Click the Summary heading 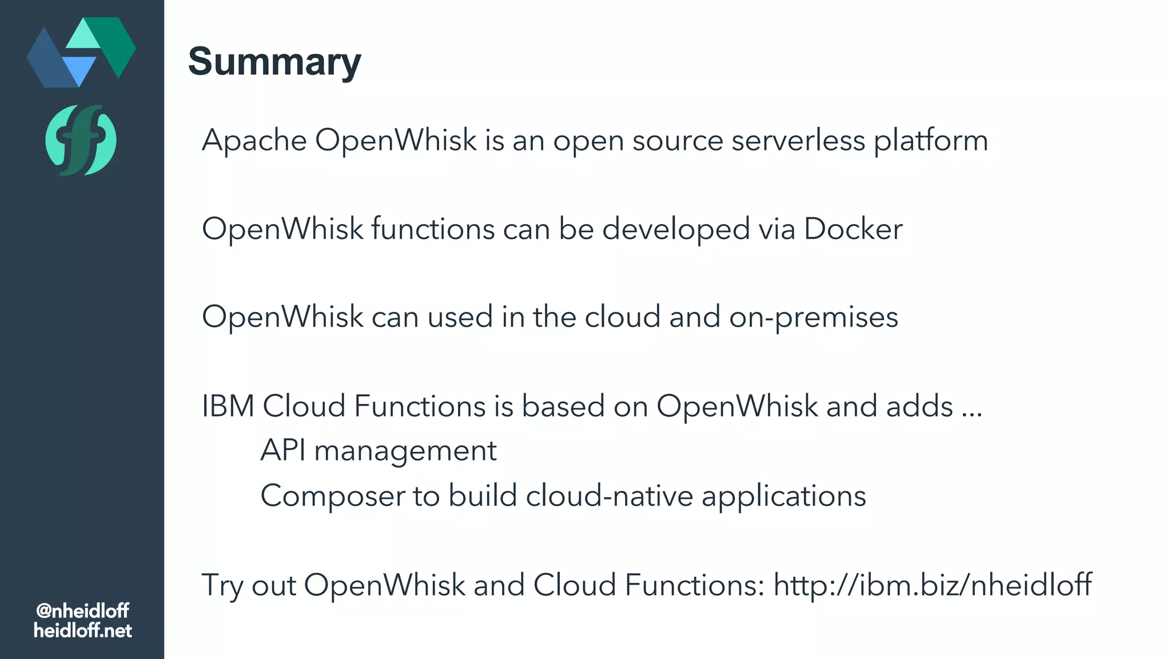pyautogui.click(x=274, y=61)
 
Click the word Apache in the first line pyautogui.click(x=254, y=140)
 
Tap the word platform pyautogui.click(x=930, y=141)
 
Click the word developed pyautogui.click(x=675, y=230)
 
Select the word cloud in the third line pyautogui.click(x=622, y=317)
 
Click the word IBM pyautogui.click(x=228, y=406)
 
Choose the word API pyautogui.click(x=282, y=450)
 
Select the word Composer pyautogui.click(x=332, y=496)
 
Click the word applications pyautogui.click(x=783, y=497)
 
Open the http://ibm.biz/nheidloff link pyautogui.click(x=932, y=585)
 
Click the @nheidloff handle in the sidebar pyautogui.click(x=82, y=611)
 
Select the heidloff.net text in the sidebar pyautogui.click(x=82, y=631)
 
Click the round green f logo pyautogui.click(x=81, y=140)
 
